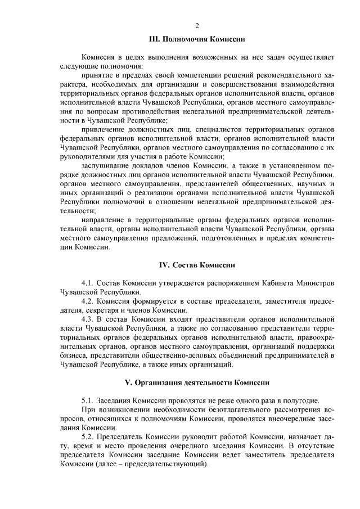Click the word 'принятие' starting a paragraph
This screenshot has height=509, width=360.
(97, 75)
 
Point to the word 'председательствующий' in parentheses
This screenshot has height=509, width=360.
(167, 463)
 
